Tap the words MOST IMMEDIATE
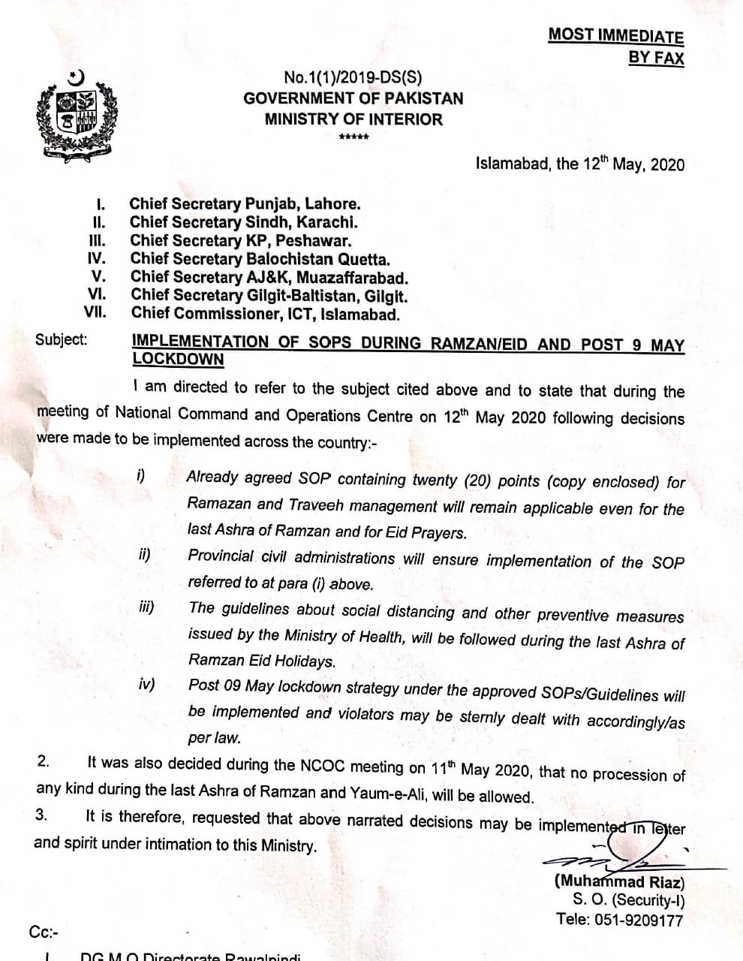coord(615,35)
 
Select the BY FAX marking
coord(656,57)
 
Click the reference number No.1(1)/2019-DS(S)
coord(353,77)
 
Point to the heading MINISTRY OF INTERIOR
coord(353,119)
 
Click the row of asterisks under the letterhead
coord(353,138)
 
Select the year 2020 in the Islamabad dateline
coord(668,164)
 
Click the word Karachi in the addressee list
coord(331,222)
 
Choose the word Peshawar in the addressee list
coord(323,241)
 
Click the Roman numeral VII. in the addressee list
coord(95,313)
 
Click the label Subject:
coord(61,339)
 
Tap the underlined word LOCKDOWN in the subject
coord(178,359)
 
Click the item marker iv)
coord(147,685)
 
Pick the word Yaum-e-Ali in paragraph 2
coord(415,795)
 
